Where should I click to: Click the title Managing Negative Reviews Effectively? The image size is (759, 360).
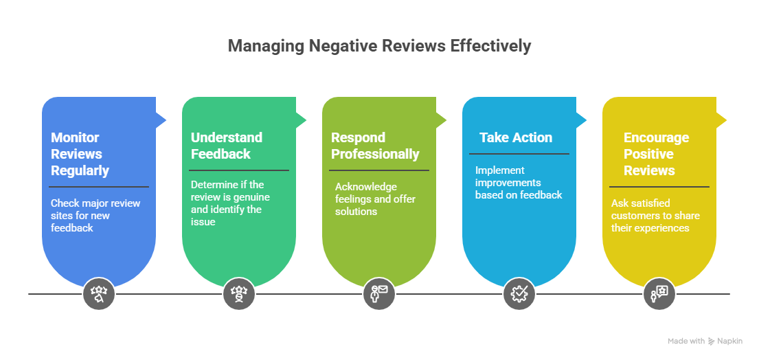pyautogui.click(x=379, y=46)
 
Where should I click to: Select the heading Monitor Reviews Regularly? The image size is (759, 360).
pyautogui.click(x=80, y=154)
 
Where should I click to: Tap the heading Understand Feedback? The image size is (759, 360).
pyautogui.click(x=227, y=146)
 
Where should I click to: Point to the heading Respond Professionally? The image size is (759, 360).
pyautogui.click(x=375, y=146)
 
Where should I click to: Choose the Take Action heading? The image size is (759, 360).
pyautogui.click(x=516, y=137)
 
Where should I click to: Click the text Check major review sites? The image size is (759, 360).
pyautogui.click(x=95, y=209)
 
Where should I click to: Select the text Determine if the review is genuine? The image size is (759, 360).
pyautogui.click(x=230, y=191)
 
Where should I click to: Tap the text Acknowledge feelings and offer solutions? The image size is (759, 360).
pyautogui.click(x=375, y=199)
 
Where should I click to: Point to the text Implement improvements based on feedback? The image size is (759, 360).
pyautogui.click(x=519, y=183)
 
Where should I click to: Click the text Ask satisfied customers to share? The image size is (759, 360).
pyautogui.click(x=655, y=209)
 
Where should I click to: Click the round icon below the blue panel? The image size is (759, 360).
pyautogui.click(x=99, y=293)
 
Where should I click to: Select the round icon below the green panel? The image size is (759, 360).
pyautogui.click(x=239, y=293)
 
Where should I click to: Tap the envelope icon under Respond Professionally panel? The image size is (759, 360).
pyautogui.click(x=379, y=293)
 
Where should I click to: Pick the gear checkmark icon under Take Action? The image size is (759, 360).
pyautogui.click(x=519, y=293)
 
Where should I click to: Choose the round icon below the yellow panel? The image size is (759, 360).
pyautogui.click(x=659, y=293)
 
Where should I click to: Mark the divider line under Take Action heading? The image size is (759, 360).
pyautogui.click(x=519, y=154)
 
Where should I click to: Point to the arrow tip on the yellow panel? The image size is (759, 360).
pyautogui.click(x=726, y=120)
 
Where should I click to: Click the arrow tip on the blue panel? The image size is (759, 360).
pyautogui.click(x=166, y=120)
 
